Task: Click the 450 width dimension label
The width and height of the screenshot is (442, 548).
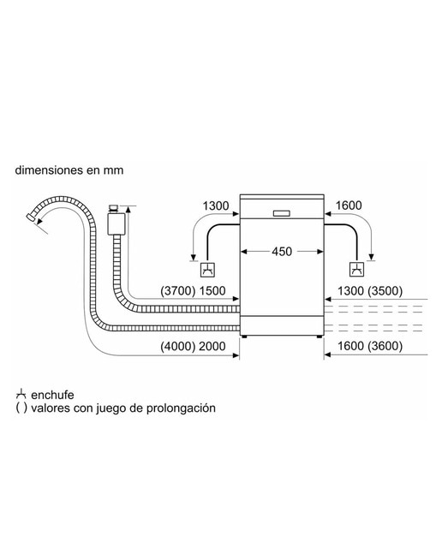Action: pos(282,251)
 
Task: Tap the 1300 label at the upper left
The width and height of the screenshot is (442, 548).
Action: pos(216,205)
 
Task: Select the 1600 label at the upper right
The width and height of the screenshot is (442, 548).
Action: pos(349,205)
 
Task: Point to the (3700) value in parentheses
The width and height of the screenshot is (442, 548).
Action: pos(177,291)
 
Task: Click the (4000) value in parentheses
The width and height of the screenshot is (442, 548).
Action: pos(177,346)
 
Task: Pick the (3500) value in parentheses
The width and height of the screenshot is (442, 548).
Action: pos(385,291)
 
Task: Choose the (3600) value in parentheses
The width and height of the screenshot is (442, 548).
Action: pos(385,346)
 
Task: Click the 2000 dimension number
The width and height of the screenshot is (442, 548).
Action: pos(212,346)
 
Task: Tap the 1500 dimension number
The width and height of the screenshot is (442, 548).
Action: pos(212,291)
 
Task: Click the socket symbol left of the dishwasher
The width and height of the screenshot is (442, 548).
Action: pos(207,271)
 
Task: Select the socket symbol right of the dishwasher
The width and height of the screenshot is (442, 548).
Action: pos(357,270)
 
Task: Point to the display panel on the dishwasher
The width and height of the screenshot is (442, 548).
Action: pos(282,213)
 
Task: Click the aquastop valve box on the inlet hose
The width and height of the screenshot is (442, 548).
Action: pos(116,223)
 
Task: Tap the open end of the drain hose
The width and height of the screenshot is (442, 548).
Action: pos(31,217)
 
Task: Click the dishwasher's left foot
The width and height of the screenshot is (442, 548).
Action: pos(244,337)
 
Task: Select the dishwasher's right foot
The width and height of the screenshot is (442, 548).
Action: pos(320,337)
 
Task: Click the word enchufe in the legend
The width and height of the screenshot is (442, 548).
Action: pos(52,395)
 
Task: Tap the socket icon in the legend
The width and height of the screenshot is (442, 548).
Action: pos(21,394)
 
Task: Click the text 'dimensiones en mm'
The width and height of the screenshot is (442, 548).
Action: pos(69,170)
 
